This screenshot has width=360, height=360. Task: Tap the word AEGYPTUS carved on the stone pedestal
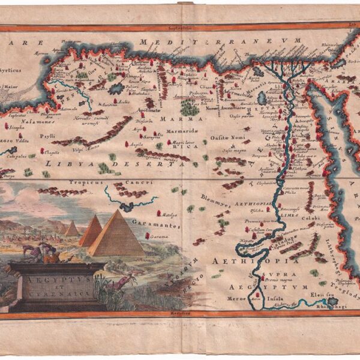coord(56,280)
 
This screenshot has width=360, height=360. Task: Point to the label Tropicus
coord(82,181)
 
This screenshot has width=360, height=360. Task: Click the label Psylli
coord(47,136)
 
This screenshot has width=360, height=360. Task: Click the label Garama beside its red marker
coord(160,236)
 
